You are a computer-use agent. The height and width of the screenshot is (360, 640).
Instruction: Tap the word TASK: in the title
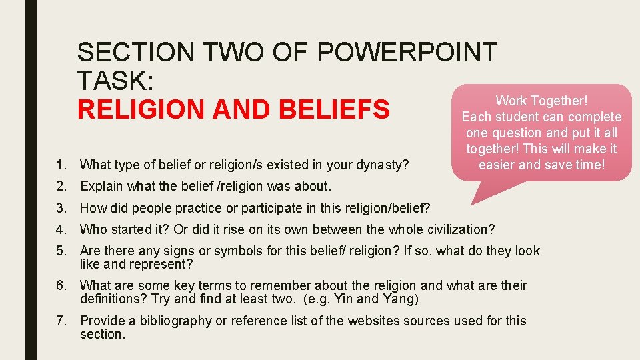pos(116,81)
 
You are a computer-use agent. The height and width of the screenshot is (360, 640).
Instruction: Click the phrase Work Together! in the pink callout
pos(541,101)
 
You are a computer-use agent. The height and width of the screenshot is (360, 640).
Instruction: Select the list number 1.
pos(62,165)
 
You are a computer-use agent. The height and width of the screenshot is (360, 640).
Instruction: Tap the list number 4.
pos(62,230)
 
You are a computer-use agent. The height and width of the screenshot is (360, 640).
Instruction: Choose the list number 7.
pos(62,321)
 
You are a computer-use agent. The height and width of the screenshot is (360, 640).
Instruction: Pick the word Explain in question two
pos(101,187)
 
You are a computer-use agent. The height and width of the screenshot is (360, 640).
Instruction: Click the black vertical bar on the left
pos(31,180)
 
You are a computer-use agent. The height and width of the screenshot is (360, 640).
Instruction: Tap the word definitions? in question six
pos(113,298)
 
